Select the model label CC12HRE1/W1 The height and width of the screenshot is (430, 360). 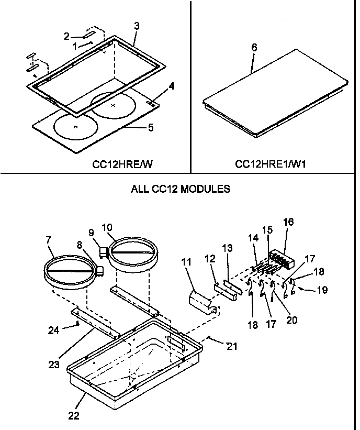271,164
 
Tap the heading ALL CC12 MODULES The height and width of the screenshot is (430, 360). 180,189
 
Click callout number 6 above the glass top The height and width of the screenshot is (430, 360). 254,48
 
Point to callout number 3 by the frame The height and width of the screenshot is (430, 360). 136,26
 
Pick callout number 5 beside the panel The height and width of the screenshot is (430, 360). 151,127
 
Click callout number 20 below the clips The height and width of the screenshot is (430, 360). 291,319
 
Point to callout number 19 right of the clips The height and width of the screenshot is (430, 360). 322,290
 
